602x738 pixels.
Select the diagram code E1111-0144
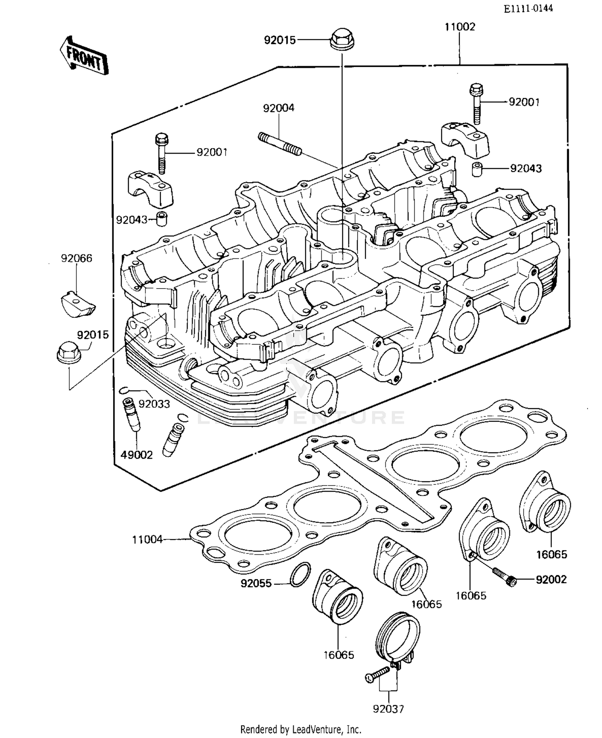[528, 8]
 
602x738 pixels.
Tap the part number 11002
[460, 27]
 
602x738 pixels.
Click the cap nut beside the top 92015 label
[342, 39]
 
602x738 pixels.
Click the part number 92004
[279, 108]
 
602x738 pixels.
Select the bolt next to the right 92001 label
[476, 103]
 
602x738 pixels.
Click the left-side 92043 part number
[132, 220]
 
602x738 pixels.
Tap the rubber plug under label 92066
[78, 304]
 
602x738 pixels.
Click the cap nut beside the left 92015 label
[69, 352]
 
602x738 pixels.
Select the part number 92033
[154, 404]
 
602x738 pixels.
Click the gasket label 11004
[147, 540]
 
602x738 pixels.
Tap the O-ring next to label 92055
[300, 575]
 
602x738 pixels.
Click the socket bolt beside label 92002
[504, 577]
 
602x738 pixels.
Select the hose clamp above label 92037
[399, 638]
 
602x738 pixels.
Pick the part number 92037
[388, 709]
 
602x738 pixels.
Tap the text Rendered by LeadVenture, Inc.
[301, 729]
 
